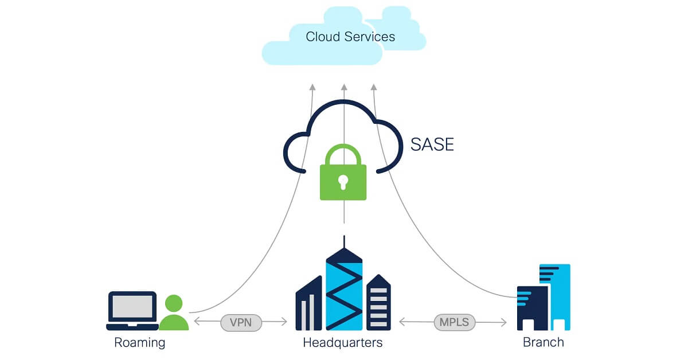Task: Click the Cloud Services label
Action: click(350, 37)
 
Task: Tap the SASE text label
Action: click(432, 144)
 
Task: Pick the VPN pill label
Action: click(241, 322)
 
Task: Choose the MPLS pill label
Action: click(454, 322)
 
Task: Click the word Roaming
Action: click(139, 343)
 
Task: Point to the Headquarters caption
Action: click(342, 343)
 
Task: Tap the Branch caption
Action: click(543, 343)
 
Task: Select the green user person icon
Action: click(173, 313)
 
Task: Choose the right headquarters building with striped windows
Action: click(378, 304)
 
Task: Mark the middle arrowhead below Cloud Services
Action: click(344, 87)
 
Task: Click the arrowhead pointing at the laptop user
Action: click(197, 322)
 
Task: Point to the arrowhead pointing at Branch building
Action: click(504, 323)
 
